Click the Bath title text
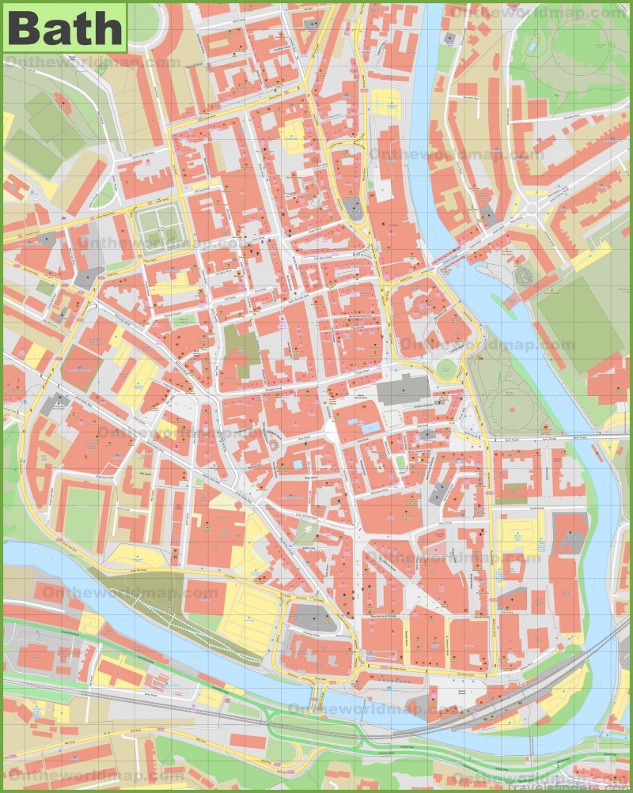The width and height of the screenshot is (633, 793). pos(64,28)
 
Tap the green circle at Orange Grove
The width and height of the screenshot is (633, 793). pos(447,368)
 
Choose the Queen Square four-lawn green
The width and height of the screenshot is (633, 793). pos(158,223)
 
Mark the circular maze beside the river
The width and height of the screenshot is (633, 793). pos(523,277)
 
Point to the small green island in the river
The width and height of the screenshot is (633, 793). pos(500,300)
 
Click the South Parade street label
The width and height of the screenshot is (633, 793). pos(523,489)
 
